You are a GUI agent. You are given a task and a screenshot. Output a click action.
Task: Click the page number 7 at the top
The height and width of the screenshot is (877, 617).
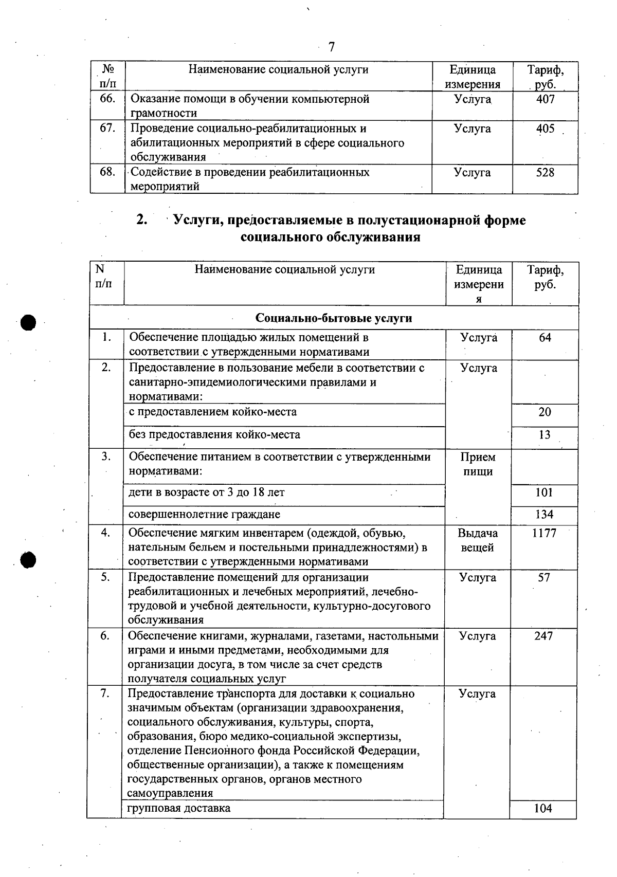[x=332, y=47]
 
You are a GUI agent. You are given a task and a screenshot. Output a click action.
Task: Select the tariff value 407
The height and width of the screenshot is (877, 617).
[x=545, y=99]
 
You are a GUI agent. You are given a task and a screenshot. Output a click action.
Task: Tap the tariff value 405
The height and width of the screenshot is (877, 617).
[x=545, y=129]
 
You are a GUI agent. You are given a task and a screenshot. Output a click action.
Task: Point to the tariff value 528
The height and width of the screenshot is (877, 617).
[x=545, y=173]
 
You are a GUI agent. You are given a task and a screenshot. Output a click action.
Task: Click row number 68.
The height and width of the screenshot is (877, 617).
[x=107, y=172]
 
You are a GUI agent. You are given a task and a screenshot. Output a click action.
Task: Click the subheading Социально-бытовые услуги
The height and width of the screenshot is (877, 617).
[x=334, y=318]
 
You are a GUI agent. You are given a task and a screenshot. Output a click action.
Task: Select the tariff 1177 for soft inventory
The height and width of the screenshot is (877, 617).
[x=544, y=534]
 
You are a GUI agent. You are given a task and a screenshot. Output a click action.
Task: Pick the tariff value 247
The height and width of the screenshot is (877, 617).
[x=543, y=636]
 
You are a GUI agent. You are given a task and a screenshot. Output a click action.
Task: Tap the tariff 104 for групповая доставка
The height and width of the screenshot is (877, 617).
[x=543, y=809]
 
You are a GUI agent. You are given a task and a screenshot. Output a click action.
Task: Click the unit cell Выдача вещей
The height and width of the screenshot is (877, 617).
[x=478, y=541]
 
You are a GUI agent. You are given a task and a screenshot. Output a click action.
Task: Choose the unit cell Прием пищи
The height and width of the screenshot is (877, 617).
[x=478, y=465]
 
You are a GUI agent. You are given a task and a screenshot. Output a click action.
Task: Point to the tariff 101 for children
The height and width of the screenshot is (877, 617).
[x=544, y=492]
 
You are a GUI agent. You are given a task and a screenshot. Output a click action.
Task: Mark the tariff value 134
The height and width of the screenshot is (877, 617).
[x=544, y=515]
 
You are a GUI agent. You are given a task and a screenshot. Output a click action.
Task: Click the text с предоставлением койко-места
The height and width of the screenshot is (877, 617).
[x=212, y=412]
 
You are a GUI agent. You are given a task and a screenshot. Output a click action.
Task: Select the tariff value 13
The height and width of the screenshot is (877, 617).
[x=545, y=435]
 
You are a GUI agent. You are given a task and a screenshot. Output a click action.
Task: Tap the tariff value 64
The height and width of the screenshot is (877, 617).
[x=545, y=338]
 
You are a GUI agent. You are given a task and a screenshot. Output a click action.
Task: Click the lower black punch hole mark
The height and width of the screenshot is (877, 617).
[x=28, y=559]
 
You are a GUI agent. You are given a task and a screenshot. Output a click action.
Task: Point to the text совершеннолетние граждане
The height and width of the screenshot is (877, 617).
[x=204, y=515]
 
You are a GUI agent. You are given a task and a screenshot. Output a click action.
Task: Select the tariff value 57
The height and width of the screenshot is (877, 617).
[x=544, y=578]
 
